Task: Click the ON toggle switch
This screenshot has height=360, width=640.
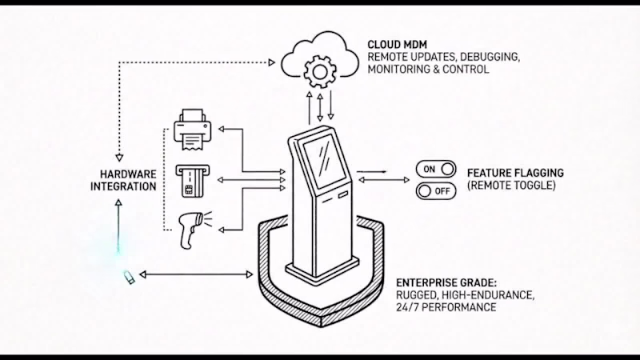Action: (x=435, y=169)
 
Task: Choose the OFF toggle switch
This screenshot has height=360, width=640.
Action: (x=435, y=191)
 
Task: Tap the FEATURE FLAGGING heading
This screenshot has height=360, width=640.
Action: (x=515, y=173)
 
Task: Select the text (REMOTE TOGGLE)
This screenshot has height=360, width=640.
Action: (x=510, y=186)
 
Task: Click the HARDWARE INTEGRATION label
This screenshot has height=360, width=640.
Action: (x=128, y=181)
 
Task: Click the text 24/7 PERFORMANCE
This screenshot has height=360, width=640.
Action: (x=446, y=307)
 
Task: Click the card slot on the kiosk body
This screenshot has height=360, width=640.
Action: (x=342, y=194)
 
